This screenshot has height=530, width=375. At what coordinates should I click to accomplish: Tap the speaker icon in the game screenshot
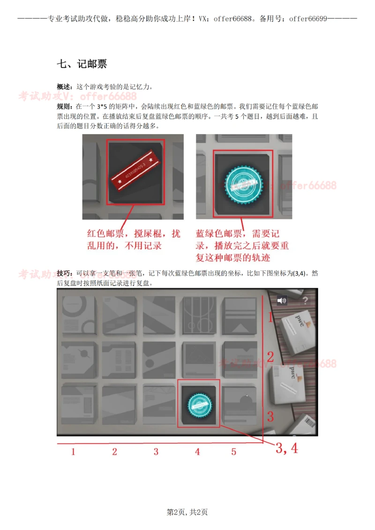pos(282,301)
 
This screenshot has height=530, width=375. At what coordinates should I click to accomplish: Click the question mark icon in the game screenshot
pos(306,301)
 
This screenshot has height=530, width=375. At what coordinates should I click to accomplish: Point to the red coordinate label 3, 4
pos(286,448)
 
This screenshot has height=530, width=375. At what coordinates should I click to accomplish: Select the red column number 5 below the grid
pos(233,452)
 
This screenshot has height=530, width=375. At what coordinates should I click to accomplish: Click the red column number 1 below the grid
pos(73,452)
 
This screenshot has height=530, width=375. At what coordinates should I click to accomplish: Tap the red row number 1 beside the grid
pos(270,318)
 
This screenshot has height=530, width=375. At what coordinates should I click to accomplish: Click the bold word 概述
pos(64,87)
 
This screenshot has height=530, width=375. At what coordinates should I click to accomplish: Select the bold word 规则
pos(64,107)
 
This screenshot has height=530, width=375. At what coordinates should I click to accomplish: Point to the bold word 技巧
pos(64,273)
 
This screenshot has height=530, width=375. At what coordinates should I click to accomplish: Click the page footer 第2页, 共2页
pos(187,512)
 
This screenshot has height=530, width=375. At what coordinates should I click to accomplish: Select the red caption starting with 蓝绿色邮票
pos(243,246)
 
